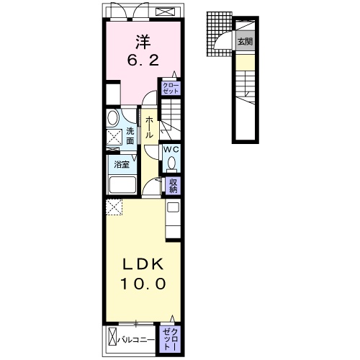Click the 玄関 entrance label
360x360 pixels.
246,41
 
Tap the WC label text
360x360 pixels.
171,150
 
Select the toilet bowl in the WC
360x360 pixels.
171,163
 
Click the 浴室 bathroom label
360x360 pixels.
122,165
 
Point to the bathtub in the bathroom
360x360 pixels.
122,184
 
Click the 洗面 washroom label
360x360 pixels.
130,136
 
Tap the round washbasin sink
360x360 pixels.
113,117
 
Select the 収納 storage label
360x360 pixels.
173,186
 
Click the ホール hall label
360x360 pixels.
149,127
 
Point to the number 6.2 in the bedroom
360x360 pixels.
143,60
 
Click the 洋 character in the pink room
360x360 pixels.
143,42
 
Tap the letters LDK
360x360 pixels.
143,264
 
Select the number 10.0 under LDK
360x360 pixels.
143,284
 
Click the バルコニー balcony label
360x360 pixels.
136,340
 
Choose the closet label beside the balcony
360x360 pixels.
171,339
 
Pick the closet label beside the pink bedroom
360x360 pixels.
171,89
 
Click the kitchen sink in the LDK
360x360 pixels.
174,207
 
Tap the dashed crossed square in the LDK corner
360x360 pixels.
114,207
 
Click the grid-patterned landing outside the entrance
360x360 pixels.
219,34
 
